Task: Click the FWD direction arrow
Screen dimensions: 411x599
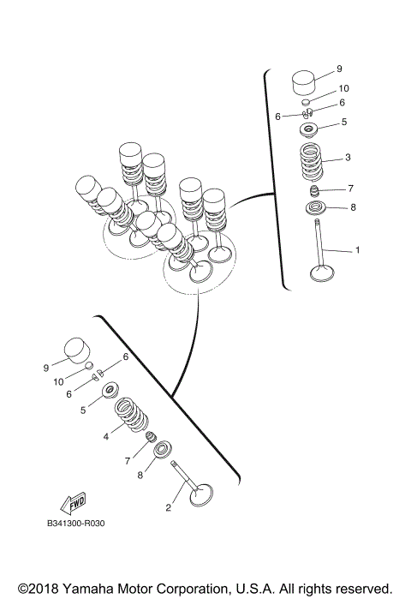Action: coord(73,504)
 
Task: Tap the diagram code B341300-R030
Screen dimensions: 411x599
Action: coord(75,523)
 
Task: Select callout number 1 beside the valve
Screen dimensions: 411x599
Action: coord(358,250)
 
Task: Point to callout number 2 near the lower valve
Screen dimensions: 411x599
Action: coord(169,507)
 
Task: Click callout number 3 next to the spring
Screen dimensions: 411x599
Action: coord(348,158)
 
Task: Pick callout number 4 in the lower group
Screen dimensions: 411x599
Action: coord(106,436)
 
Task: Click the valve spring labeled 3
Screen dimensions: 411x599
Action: coord(312,162)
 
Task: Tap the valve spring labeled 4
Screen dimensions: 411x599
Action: coord(131,415)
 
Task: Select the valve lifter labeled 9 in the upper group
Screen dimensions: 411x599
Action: coord(305,82)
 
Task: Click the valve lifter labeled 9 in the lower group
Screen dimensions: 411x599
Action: coord(78,350)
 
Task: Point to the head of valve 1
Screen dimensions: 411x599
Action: coord(323,273)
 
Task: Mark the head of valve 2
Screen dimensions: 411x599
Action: coord(201,495)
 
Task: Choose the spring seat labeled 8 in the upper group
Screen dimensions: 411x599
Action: coord(315,208)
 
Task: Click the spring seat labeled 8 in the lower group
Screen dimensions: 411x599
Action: coord(163,449)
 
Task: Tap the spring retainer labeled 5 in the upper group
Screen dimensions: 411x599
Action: coord(308,129)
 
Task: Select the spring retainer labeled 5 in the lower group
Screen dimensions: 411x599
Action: coord(110,390)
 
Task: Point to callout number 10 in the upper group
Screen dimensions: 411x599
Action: coord(344,88)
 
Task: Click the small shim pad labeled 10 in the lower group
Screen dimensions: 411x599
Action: coord(88,366)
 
